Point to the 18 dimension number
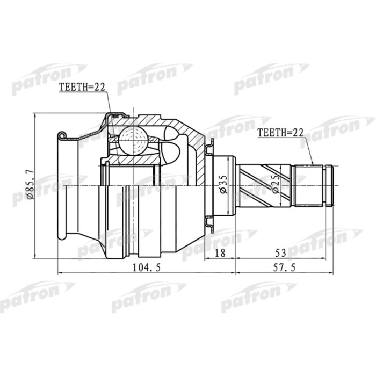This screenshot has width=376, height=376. click(x=219, y=252)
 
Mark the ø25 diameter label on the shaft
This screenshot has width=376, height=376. click(x=275, y=184)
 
